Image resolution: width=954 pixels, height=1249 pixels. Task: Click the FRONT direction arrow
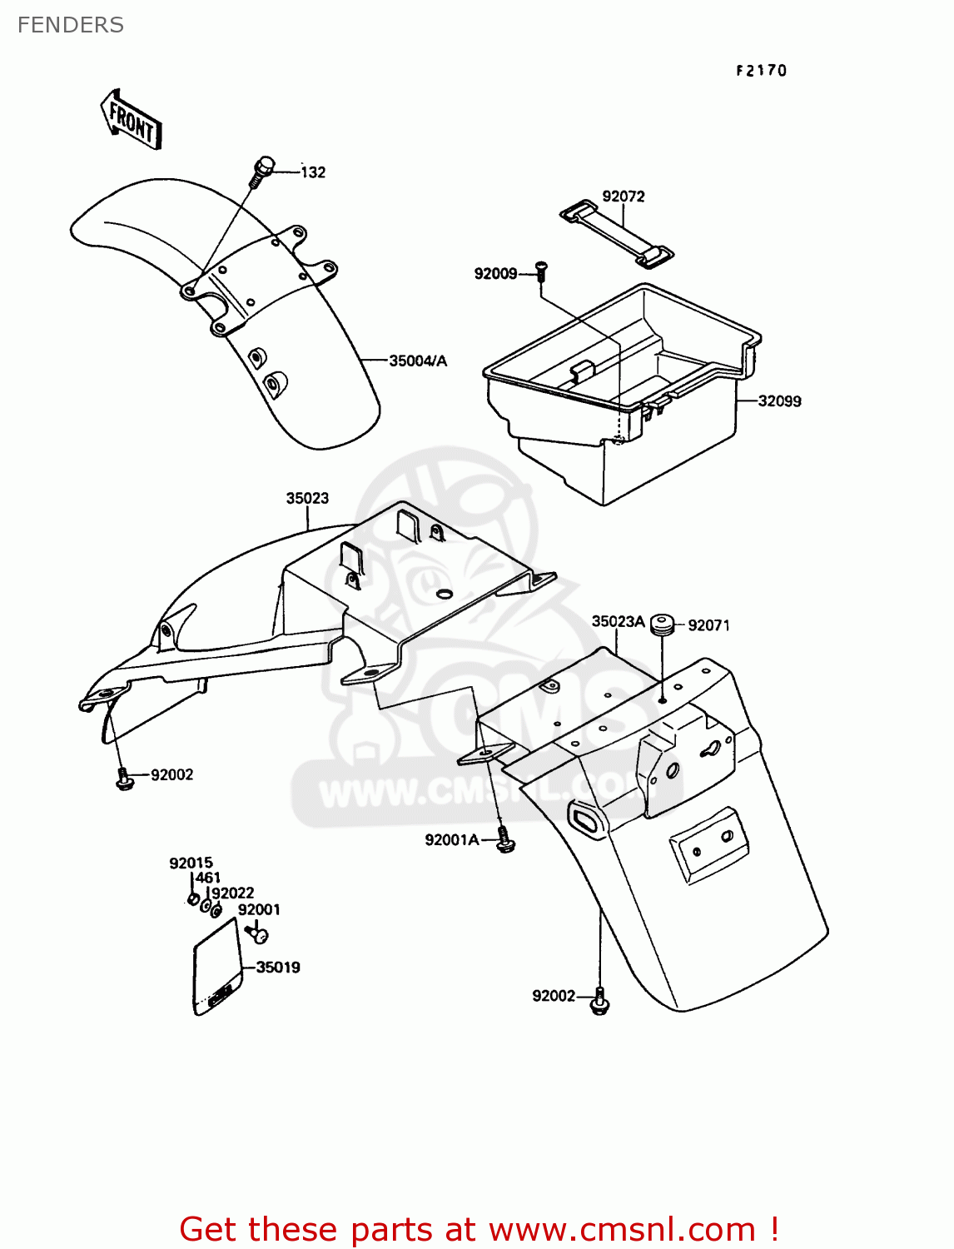132,120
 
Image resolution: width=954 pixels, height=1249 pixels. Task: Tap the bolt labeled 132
261,171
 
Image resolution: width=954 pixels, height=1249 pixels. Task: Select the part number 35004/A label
418,361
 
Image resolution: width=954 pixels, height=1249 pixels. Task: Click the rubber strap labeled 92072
616,234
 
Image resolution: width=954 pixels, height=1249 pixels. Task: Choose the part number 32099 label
779,401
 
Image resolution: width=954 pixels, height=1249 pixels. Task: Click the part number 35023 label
307,499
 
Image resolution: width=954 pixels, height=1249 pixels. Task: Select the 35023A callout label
618,621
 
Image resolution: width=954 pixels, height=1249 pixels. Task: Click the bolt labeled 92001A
504,839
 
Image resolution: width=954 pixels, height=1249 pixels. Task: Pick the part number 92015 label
191,863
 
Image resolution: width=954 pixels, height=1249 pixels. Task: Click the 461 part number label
207,878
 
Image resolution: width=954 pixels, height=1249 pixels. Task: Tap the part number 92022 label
232,893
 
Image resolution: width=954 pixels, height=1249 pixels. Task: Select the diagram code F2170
761,71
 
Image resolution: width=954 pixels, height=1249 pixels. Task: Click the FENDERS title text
71,25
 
